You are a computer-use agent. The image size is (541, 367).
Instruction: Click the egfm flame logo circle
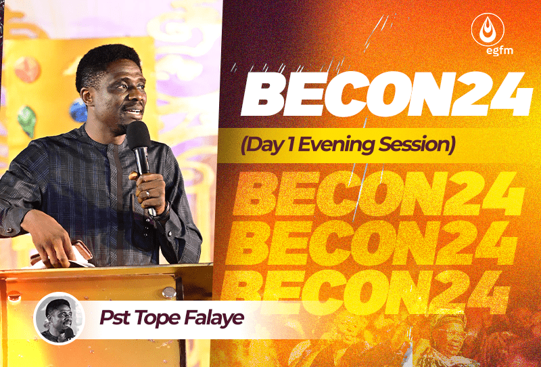pyautogui.click(x=488, y=29)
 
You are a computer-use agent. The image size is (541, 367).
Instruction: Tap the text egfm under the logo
pyautogui.click(x=499, y=51)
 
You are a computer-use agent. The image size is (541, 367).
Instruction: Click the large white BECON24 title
pyautogui.click(x=387, y=94)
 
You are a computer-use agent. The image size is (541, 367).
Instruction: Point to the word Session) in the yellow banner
pyautogui.click(x=417, y=144)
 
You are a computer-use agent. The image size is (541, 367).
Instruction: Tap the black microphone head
pyautogui.click(x=139, y=135)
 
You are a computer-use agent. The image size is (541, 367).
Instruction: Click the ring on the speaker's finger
pyautogui.click(x=147, y=193)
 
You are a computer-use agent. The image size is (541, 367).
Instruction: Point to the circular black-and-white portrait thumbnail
pyautogui.click(x=59, y=318)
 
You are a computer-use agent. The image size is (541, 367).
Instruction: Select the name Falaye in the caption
pyautogui.click(x=214, y=318)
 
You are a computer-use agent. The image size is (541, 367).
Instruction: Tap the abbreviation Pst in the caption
pyautogui.click(x=115, y=318)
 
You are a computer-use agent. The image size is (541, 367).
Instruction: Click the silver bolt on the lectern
pyautogui.click(x=169, y=293)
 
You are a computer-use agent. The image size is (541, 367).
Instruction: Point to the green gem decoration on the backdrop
pyautogui.click(x=27, y=121)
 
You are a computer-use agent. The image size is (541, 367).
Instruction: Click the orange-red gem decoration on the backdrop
pyautogui.click(x=28, y=70)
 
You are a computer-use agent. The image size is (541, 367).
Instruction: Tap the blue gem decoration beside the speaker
pyautogui.click(x=78, y=110)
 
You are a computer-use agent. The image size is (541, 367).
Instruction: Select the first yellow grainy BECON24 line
pyautogui.click(x=379, y=194)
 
